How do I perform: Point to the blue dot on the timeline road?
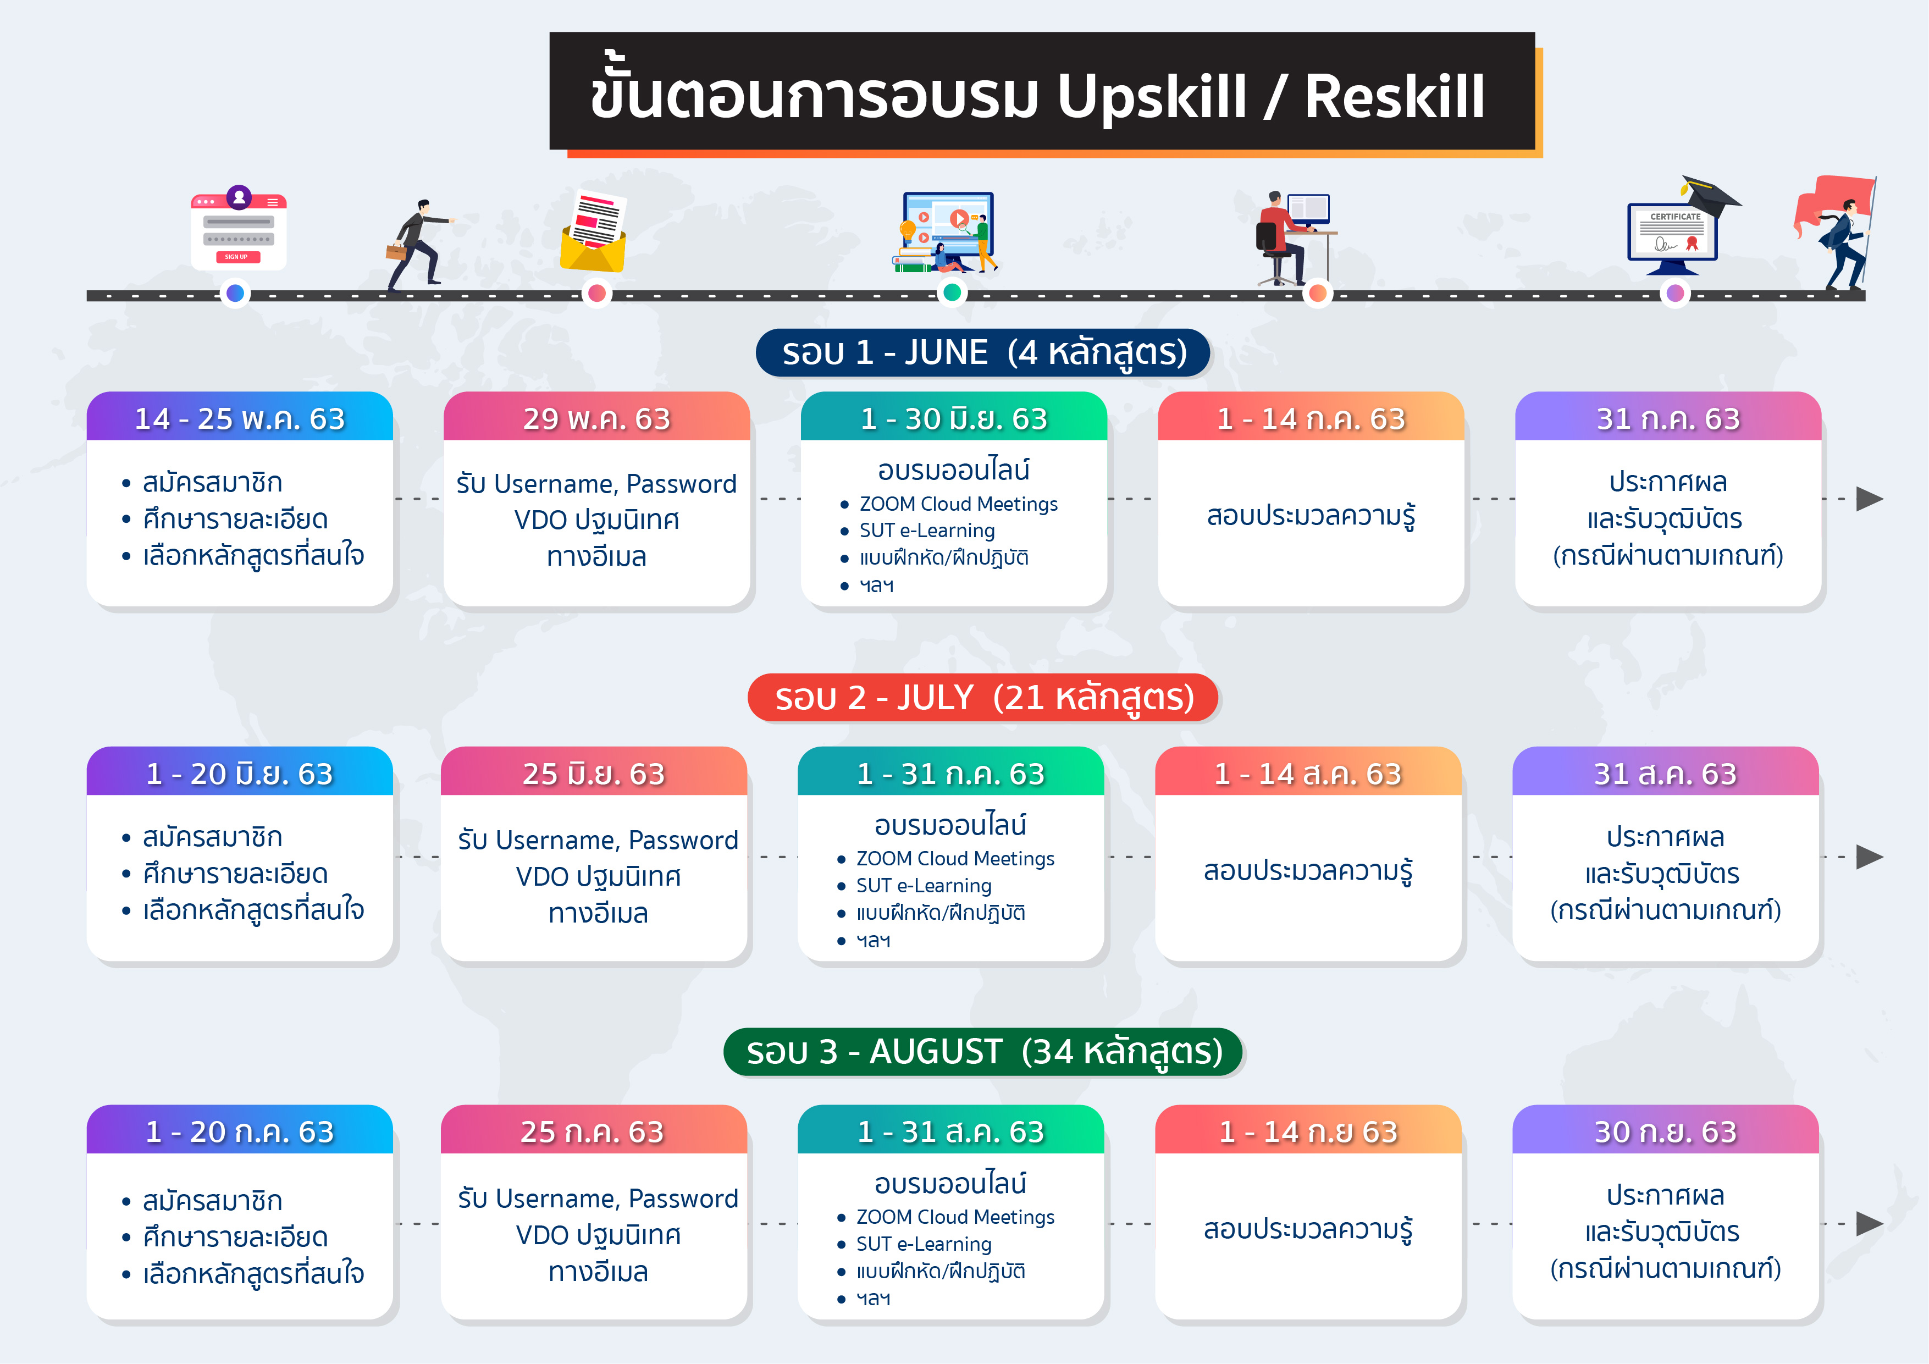point(235,293)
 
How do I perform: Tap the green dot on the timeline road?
point(952,292)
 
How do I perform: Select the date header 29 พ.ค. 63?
point(596,418)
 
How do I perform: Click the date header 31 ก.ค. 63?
point(1668,418)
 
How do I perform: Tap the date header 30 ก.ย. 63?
point(1665,1131)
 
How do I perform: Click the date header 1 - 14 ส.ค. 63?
point(1308,773)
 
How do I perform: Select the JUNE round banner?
point(983,352)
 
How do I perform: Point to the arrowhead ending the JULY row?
point(1869,857)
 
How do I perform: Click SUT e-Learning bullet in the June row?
point(927,531)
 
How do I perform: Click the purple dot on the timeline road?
point(1674,293)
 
